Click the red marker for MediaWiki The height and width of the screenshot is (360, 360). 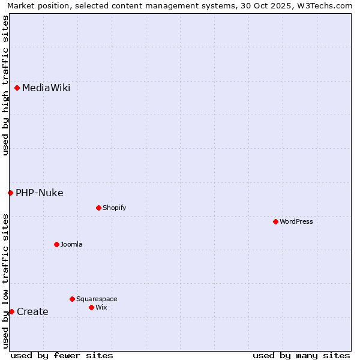(x=17, y=88)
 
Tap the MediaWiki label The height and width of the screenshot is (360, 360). (x=46, y=88)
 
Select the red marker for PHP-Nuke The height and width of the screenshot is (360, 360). (x=10, y=193)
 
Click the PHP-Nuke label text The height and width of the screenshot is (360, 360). (x=40, y=193)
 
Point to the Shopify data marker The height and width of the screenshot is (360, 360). (x=98, y=208)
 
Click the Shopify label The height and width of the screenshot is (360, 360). (x=114, y=208)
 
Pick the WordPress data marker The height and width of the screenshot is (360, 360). (x=275, y=221)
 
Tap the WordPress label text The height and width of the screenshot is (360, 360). (x=296, y=221)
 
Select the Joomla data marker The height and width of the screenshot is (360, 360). (x=56, y=244)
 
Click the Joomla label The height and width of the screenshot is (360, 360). (x=71, y=244)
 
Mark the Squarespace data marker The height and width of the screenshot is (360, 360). (x=72, y=299)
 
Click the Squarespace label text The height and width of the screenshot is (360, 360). (x=97, y=299)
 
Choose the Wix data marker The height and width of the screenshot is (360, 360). (x=91, y=307)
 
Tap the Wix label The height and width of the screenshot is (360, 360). (x=101, y=307)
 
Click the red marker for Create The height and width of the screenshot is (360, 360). (x=11, y=311)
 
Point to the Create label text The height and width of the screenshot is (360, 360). (x=32, y=311)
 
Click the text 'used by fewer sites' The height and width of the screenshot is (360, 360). (x=62, y=355)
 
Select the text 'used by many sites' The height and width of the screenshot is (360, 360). (x=301, y=355)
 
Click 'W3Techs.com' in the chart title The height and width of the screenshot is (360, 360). (x=328, y=6)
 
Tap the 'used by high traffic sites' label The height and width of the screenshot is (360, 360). (x=5, y=85)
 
